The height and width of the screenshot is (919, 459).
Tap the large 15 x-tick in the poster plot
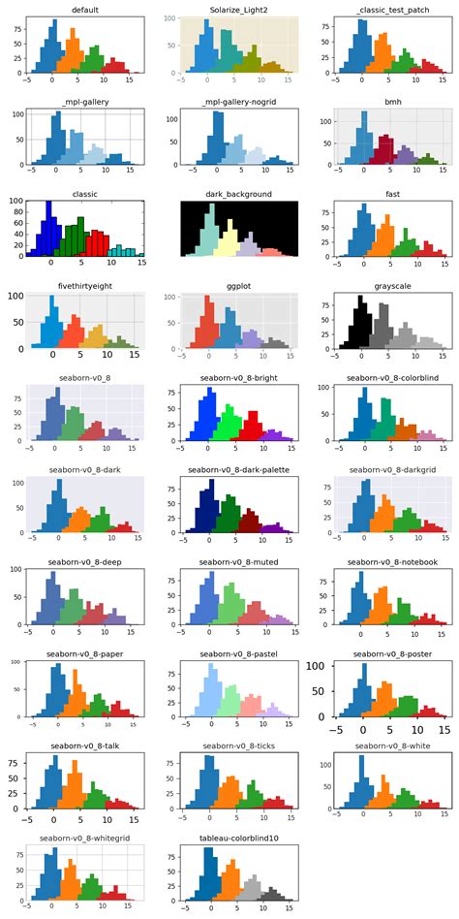click(x=444, y=729)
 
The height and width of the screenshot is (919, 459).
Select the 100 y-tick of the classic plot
click(x=16, y=202)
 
